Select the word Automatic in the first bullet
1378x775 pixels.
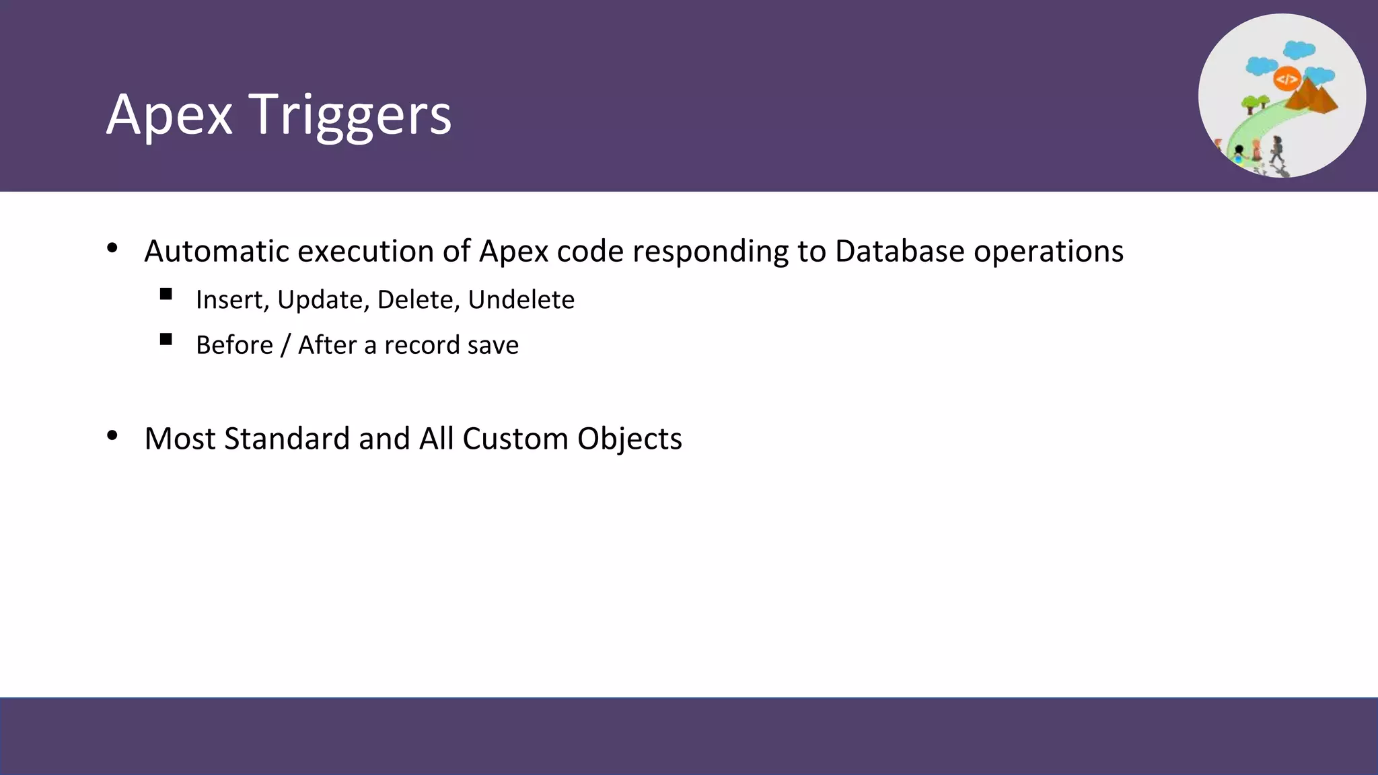coord(216,252)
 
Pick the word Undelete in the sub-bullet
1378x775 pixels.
coord(521,300)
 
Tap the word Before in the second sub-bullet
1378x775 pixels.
coord(234,345)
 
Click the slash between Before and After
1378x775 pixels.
coord(285,345)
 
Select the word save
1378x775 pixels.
coord(493,345)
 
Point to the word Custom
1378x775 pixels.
coord(515,439)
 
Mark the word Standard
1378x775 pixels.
coord(287,439)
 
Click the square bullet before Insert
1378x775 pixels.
coord(166,294)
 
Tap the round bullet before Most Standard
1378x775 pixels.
coord(112,436)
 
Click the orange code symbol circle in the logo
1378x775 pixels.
coord(1286,79)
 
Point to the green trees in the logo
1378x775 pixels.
coord(1254,104)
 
